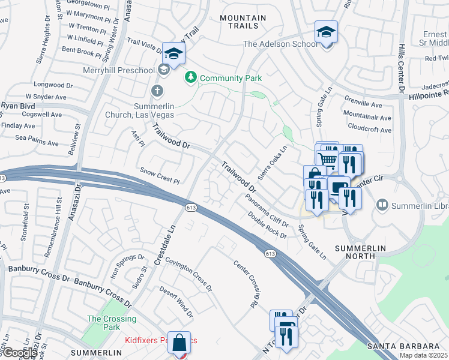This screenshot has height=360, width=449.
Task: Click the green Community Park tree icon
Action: [x=191, y=78]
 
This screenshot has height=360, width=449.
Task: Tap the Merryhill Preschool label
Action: [x=122, y=70]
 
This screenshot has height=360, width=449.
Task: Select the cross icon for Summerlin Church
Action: [x=157, y=91]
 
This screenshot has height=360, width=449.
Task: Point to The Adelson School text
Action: [x=280, y=44]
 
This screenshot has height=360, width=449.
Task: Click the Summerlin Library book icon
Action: [x=382, y=206]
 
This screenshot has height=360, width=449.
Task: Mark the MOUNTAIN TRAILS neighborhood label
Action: [x=243, y=22]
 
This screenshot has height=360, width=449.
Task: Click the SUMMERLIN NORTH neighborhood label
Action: [x=355, y=251]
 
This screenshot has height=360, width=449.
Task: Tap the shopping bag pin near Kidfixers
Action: [x=179, y=343]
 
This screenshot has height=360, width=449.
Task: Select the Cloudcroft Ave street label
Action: [x=369, y=130]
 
